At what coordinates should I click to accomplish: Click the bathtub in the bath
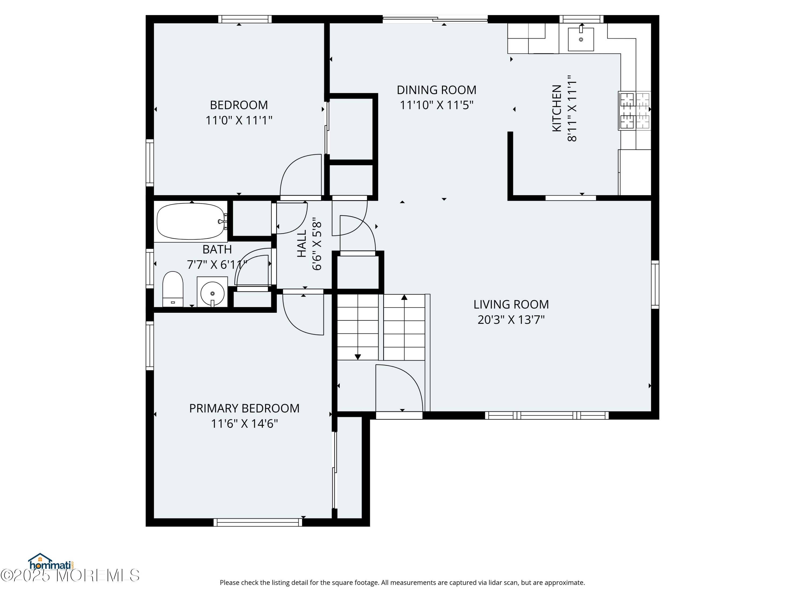(191, 221)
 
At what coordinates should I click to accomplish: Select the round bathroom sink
(212, 293)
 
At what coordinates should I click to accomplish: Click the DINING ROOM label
(436, 90)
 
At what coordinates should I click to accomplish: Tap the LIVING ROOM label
(511, 304)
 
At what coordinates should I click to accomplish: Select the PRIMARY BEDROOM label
(244, 408)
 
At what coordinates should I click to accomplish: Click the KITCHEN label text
(557, 108)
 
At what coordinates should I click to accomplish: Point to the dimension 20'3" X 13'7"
(511, 319)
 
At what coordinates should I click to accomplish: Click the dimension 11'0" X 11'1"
(239, 120)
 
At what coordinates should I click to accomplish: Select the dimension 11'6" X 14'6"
(244, 423)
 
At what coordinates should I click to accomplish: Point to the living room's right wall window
(655, 285)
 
